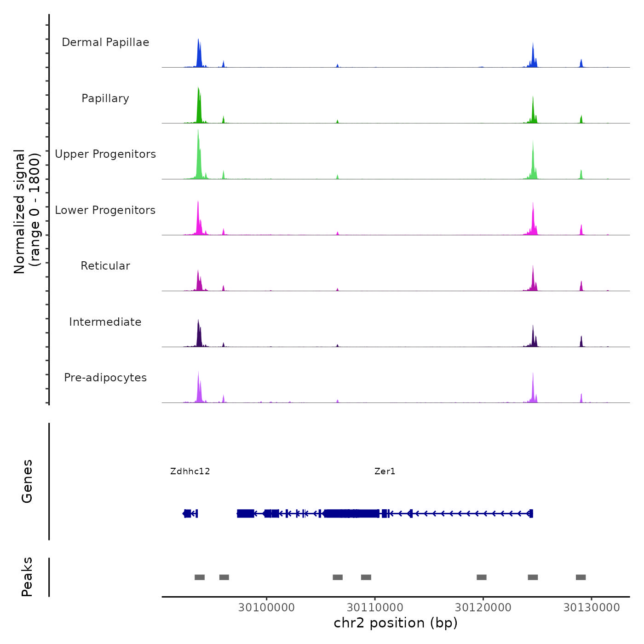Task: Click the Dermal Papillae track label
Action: pyautogui.click(x=105, y=42)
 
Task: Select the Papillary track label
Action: pyautogui.click(x=105, y=98)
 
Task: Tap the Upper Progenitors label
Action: pyautogui.click(x=105, y=154)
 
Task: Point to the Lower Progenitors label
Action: pyautogui.click(x=105, y=210)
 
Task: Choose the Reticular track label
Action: pyautogui.click(x=105, y=266)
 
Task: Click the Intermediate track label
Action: pyautogui.click(x=105, y=322)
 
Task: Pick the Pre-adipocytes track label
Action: pyautogui.click(x=105, y=378)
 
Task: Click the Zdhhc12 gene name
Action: pyautogui.click(x=190, y=471)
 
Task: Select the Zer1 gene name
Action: pyautogui.click(x=385, y=471)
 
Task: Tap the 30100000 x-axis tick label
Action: pyautogui.click(x=266, y=607)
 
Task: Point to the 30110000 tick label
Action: pyautogui.click(x=375, y=607)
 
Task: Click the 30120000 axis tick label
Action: pyautogui.click(x=483, y=607)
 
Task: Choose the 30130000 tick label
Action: pyautogui.click(x=592, y=607)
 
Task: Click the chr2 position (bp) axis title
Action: pyautogui.click(x=396, y=623)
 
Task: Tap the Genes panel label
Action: pyautogui.click(x=27, y=481)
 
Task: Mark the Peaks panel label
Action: pyautogui.click(x=27, y=577)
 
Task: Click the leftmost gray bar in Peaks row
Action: pyautogui.click(x=200, y=577)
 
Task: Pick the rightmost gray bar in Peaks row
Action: pyautogui.click(x=581, y=577)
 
